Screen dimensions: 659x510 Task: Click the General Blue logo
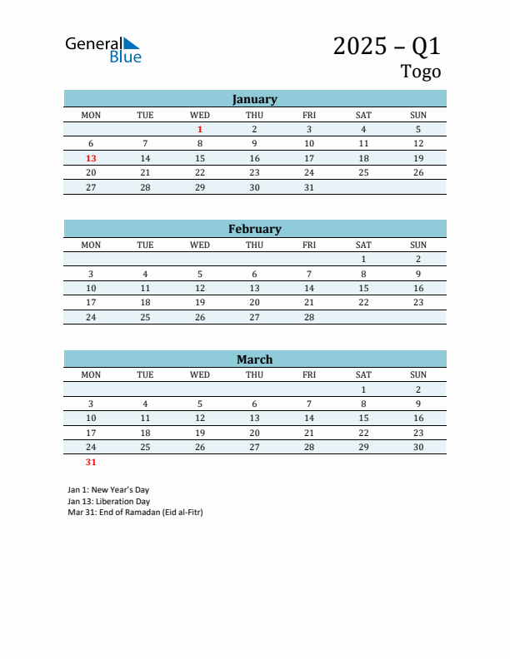(103, 49)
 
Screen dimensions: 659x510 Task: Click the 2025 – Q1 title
(387, 46)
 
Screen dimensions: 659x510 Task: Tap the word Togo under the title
(421, 72)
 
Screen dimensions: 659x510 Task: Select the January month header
(254, 99)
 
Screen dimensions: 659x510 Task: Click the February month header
(254, 229)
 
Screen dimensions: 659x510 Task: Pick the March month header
(254, 359)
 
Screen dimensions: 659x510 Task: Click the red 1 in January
(200, 130)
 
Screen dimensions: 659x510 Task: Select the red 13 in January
(91, 158)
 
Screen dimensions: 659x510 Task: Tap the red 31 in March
(91, 462)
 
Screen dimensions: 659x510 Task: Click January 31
(309, 187)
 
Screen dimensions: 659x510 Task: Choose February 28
(309, 317)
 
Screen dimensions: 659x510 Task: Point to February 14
(309, 288)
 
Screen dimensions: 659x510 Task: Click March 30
(418, 447)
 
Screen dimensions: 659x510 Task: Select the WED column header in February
(200, 245)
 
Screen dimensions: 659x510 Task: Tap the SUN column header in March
(418, 374)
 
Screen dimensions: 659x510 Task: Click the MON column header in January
(91, 115)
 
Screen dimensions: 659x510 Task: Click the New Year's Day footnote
(108, 490)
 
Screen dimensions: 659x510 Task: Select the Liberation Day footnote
(108, 502)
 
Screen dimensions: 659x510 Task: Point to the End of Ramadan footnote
(135, 513)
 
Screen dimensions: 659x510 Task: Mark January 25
(363, 173)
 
